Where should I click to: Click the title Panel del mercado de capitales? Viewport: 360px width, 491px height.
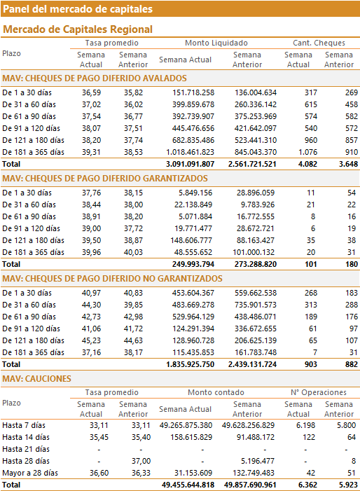(x=78, y=9)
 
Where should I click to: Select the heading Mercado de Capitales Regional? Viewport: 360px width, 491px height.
(x=78, y=29)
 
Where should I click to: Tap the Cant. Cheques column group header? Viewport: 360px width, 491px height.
(x=319, y=43)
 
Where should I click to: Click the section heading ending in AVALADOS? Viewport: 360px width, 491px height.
(x=95, y=78)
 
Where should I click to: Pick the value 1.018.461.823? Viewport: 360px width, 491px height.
(x=190, y=152)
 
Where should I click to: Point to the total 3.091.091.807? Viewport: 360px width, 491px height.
(x=190, y=164)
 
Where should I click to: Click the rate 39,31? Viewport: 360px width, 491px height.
(x=92, y=152)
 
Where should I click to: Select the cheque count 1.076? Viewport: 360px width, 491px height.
(x=307, y=152)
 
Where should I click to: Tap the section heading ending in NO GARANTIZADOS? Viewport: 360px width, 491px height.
(x=112, y=279)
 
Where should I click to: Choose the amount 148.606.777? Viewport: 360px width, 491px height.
(x=191, y=240)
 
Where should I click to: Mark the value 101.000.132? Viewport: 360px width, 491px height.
(x=254, y=252)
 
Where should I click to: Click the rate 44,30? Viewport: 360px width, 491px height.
(x=92, y=305)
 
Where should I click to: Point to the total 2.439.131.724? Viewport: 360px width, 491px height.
(x=252, y=364)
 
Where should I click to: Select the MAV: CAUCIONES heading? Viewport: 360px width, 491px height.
(x=36, y=379)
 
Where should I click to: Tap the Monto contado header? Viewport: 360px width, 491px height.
(x=216, y=392)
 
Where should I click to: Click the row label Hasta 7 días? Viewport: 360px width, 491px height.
(x=24, y=425)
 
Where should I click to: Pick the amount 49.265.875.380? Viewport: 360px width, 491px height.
(x=186, y=425)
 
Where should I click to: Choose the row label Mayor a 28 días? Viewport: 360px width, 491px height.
(x=30, y=473)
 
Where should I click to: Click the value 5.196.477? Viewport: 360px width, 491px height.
(x=258, y=461)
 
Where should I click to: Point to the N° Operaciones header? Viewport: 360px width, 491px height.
(x=319, y=392)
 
